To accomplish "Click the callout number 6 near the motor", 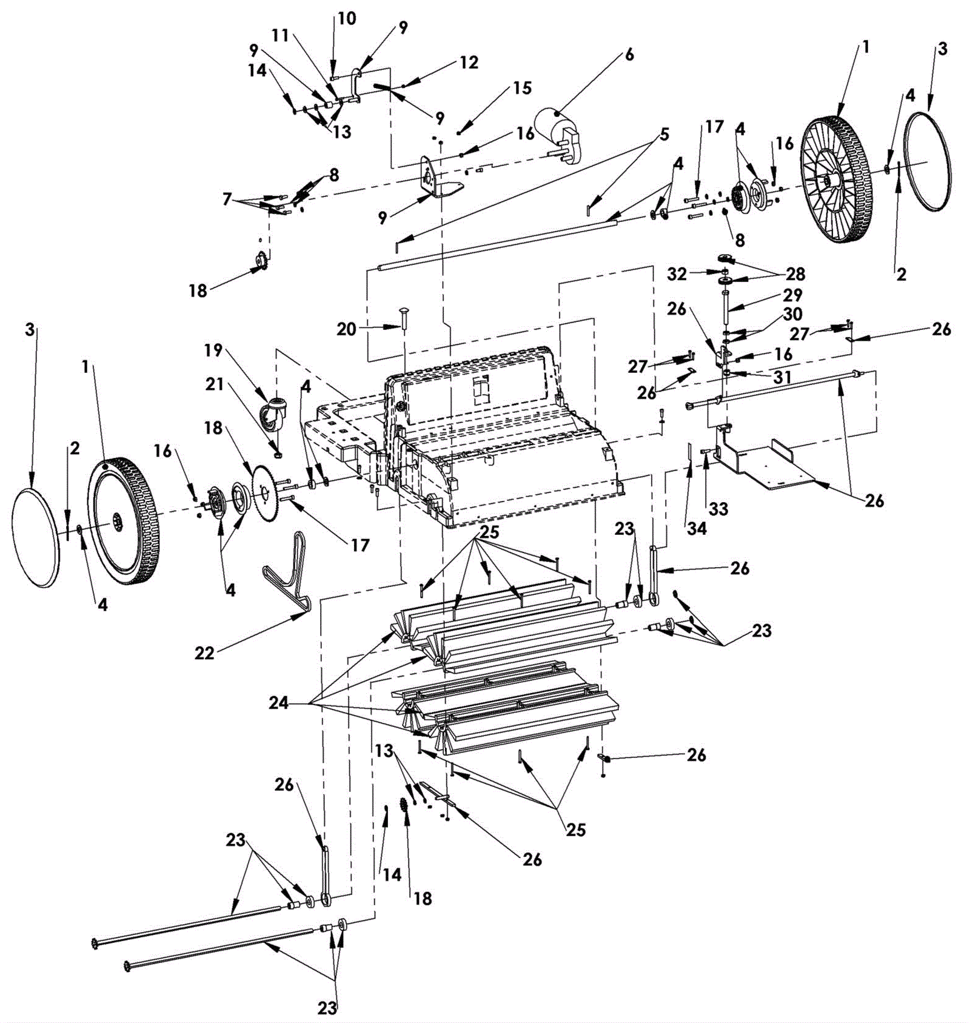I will pos(630,55).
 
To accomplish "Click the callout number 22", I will pos(205,653).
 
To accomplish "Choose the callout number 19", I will pos(213,351).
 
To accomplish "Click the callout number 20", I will pos(346,329).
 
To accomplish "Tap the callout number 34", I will pos(697,528).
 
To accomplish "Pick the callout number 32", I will pos(677,274).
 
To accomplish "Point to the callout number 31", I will pos(782,377).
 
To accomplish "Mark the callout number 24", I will pos(279,703).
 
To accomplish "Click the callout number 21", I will pos(215,384).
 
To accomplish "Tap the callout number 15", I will pos(522,89).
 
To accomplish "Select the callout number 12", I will pos(469,62).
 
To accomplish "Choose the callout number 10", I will pos(347,18).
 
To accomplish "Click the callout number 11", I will pos(280,36).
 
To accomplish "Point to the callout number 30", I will pos(792,314).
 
